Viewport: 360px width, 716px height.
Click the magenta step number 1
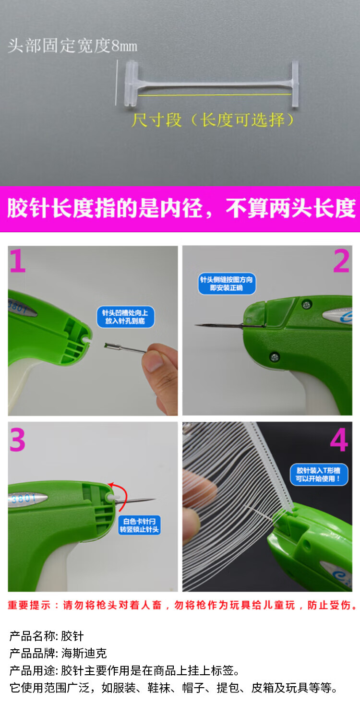pos(18,261)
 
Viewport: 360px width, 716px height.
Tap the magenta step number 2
pos(341,261)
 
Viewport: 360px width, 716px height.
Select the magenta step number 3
pos(17,440)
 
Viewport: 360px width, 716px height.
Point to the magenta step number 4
pos(339,440)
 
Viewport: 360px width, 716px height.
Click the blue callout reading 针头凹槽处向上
pos(125,317)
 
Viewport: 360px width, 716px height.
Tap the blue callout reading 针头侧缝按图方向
pos(227,284)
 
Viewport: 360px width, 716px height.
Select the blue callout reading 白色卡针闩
pos(139,525)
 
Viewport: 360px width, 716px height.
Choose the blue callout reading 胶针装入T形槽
pos(319,474)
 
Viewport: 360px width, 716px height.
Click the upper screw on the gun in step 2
pos(307,304)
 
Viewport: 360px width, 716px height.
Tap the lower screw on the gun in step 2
pos(274,357)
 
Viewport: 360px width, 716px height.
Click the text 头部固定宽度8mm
pos(72,46)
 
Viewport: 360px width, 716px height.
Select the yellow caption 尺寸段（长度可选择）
pos(212,120)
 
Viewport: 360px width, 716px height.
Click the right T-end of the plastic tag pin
pos(295,84)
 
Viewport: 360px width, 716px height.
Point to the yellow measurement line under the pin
pos(215,95)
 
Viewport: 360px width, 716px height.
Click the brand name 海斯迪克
pos(84,653)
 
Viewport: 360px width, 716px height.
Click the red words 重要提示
pos(29,605)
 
